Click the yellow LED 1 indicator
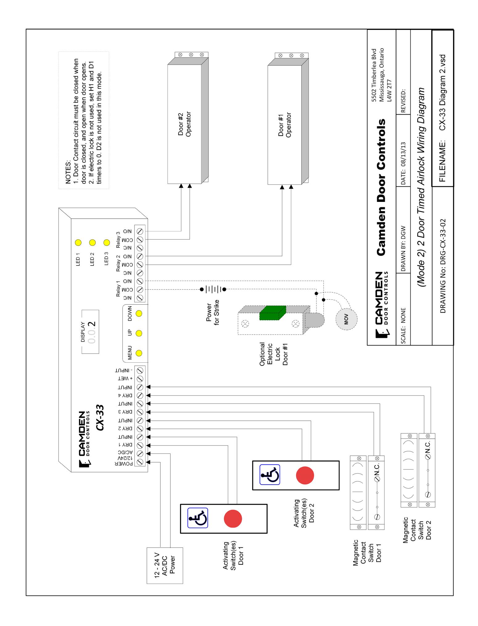pos(78,242)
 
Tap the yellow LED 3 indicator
pos(107,242)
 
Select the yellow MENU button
pos(139,353)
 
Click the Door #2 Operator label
pos(185,124)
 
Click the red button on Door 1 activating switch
pos(233,518)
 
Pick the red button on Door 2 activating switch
pos(305,475)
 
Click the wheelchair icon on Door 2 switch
pos(270,474)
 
